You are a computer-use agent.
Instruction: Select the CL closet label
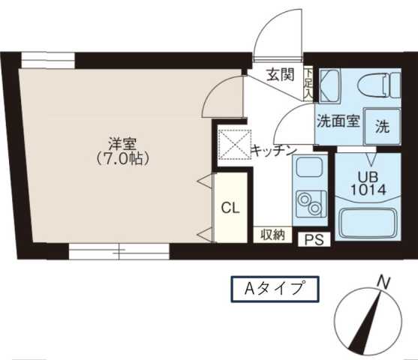(230, 208)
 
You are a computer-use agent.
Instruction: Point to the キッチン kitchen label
(272, 151)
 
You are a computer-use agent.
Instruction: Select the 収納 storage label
(272, 235)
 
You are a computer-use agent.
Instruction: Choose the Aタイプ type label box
(273, 288)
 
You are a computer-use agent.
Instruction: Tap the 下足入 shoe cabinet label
(308, 82)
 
